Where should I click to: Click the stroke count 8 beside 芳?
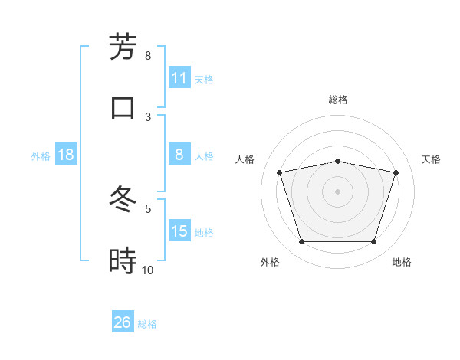(x=148, y=56)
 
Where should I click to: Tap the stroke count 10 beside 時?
(x=148, y=270)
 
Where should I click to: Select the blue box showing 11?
(x=179, y=78)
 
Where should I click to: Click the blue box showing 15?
(x=179, y=231)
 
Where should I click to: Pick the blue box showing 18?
(x=66, y=155)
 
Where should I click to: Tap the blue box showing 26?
(x=123, y=322)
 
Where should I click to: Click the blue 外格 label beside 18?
(x=41, y=155)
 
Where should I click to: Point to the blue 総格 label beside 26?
(x=147, y=324)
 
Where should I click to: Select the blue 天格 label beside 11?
(x=204, y=79)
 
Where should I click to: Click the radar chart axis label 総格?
(x=338, y=100)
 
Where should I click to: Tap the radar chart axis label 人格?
(x=245, y=159)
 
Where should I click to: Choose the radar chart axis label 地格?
(x=402, y=262)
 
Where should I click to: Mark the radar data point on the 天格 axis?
(x=396, y=172)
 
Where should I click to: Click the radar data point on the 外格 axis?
(x=301, y=242)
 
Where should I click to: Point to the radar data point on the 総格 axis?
(x=338, y=161)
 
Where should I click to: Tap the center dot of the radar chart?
(x=338, y=191)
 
